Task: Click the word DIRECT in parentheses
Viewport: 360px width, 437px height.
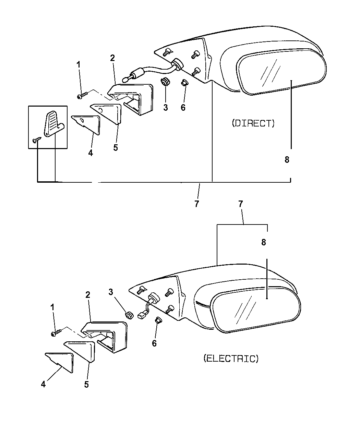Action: pos(253,123)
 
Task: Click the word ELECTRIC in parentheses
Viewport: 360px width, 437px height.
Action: pos(230,359)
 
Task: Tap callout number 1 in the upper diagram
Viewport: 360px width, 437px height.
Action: pos(79,64)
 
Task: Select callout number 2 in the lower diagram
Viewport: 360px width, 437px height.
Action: pos(88,294)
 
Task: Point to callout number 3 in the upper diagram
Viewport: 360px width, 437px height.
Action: pos(166,108)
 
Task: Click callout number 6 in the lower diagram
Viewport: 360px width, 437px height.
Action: pos(154,343)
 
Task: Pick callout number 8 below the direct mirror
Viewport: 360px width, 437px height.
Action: pos(287,159)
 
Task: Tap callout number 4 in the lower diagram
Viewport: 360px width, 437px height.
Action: pos(43,385)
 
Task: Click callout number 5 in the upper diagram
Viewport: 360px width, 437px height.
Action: pos(116,147)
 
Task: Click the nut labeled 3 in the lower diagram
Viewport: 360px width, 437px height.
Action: pos(130,314)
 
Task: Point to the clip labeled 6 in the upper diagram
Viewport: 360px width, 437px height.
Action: pos(184,83)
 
